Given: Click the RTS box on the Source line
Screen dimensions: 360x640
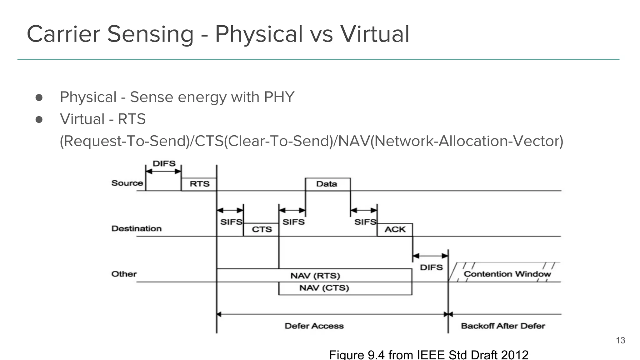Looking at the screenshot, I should tap(199, 184).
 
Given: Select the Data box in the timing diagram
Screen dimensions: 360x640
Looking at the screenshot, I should tap(327, 184).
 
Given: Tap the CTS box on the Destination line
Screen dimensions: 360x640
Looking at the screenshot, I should tap(262, 229).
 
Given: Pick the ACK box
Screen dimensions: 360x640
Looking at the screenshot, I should tap(395, 229).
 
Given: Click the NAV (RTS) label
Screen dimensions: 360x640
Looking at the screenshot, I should tap(315, 276).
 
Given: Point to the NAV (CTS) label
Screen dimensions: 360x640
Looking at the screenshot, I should tap(324, 288).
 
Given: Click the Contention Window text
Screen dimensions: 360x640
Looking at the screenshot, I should tap(507, 274).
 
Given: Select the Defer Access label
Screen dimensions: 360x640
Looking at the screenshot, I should tap(314, 326).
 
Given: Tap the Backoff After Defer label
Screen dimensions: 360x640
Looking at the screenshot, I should tap(503, 326).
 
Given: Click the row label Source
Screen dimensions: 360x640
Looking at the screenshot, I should tap(127, 183).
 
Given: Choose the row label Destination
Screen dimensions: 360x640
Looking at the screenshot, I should tap(137, 228).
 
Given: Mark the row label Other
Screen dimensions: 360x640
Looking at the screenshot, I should tap(124, 274).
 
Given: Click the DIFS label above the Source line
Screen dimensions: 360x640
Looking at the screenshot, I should tap(164, 163).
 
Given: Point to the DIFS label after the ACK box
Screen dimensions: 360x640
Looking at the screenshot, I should tap(431, 267).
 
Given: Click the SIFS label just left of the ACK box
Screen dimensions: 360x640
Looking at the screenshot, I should tap(365, 222).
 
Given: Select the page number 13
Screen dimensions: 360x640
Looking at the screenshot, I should tap(620, 340).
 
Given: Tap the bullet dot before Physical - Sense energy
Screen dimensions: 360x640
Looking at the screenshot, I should tap(39, 97).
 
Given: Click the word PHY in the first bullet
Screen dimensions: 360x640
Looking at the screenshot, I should tap(279, 97).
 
